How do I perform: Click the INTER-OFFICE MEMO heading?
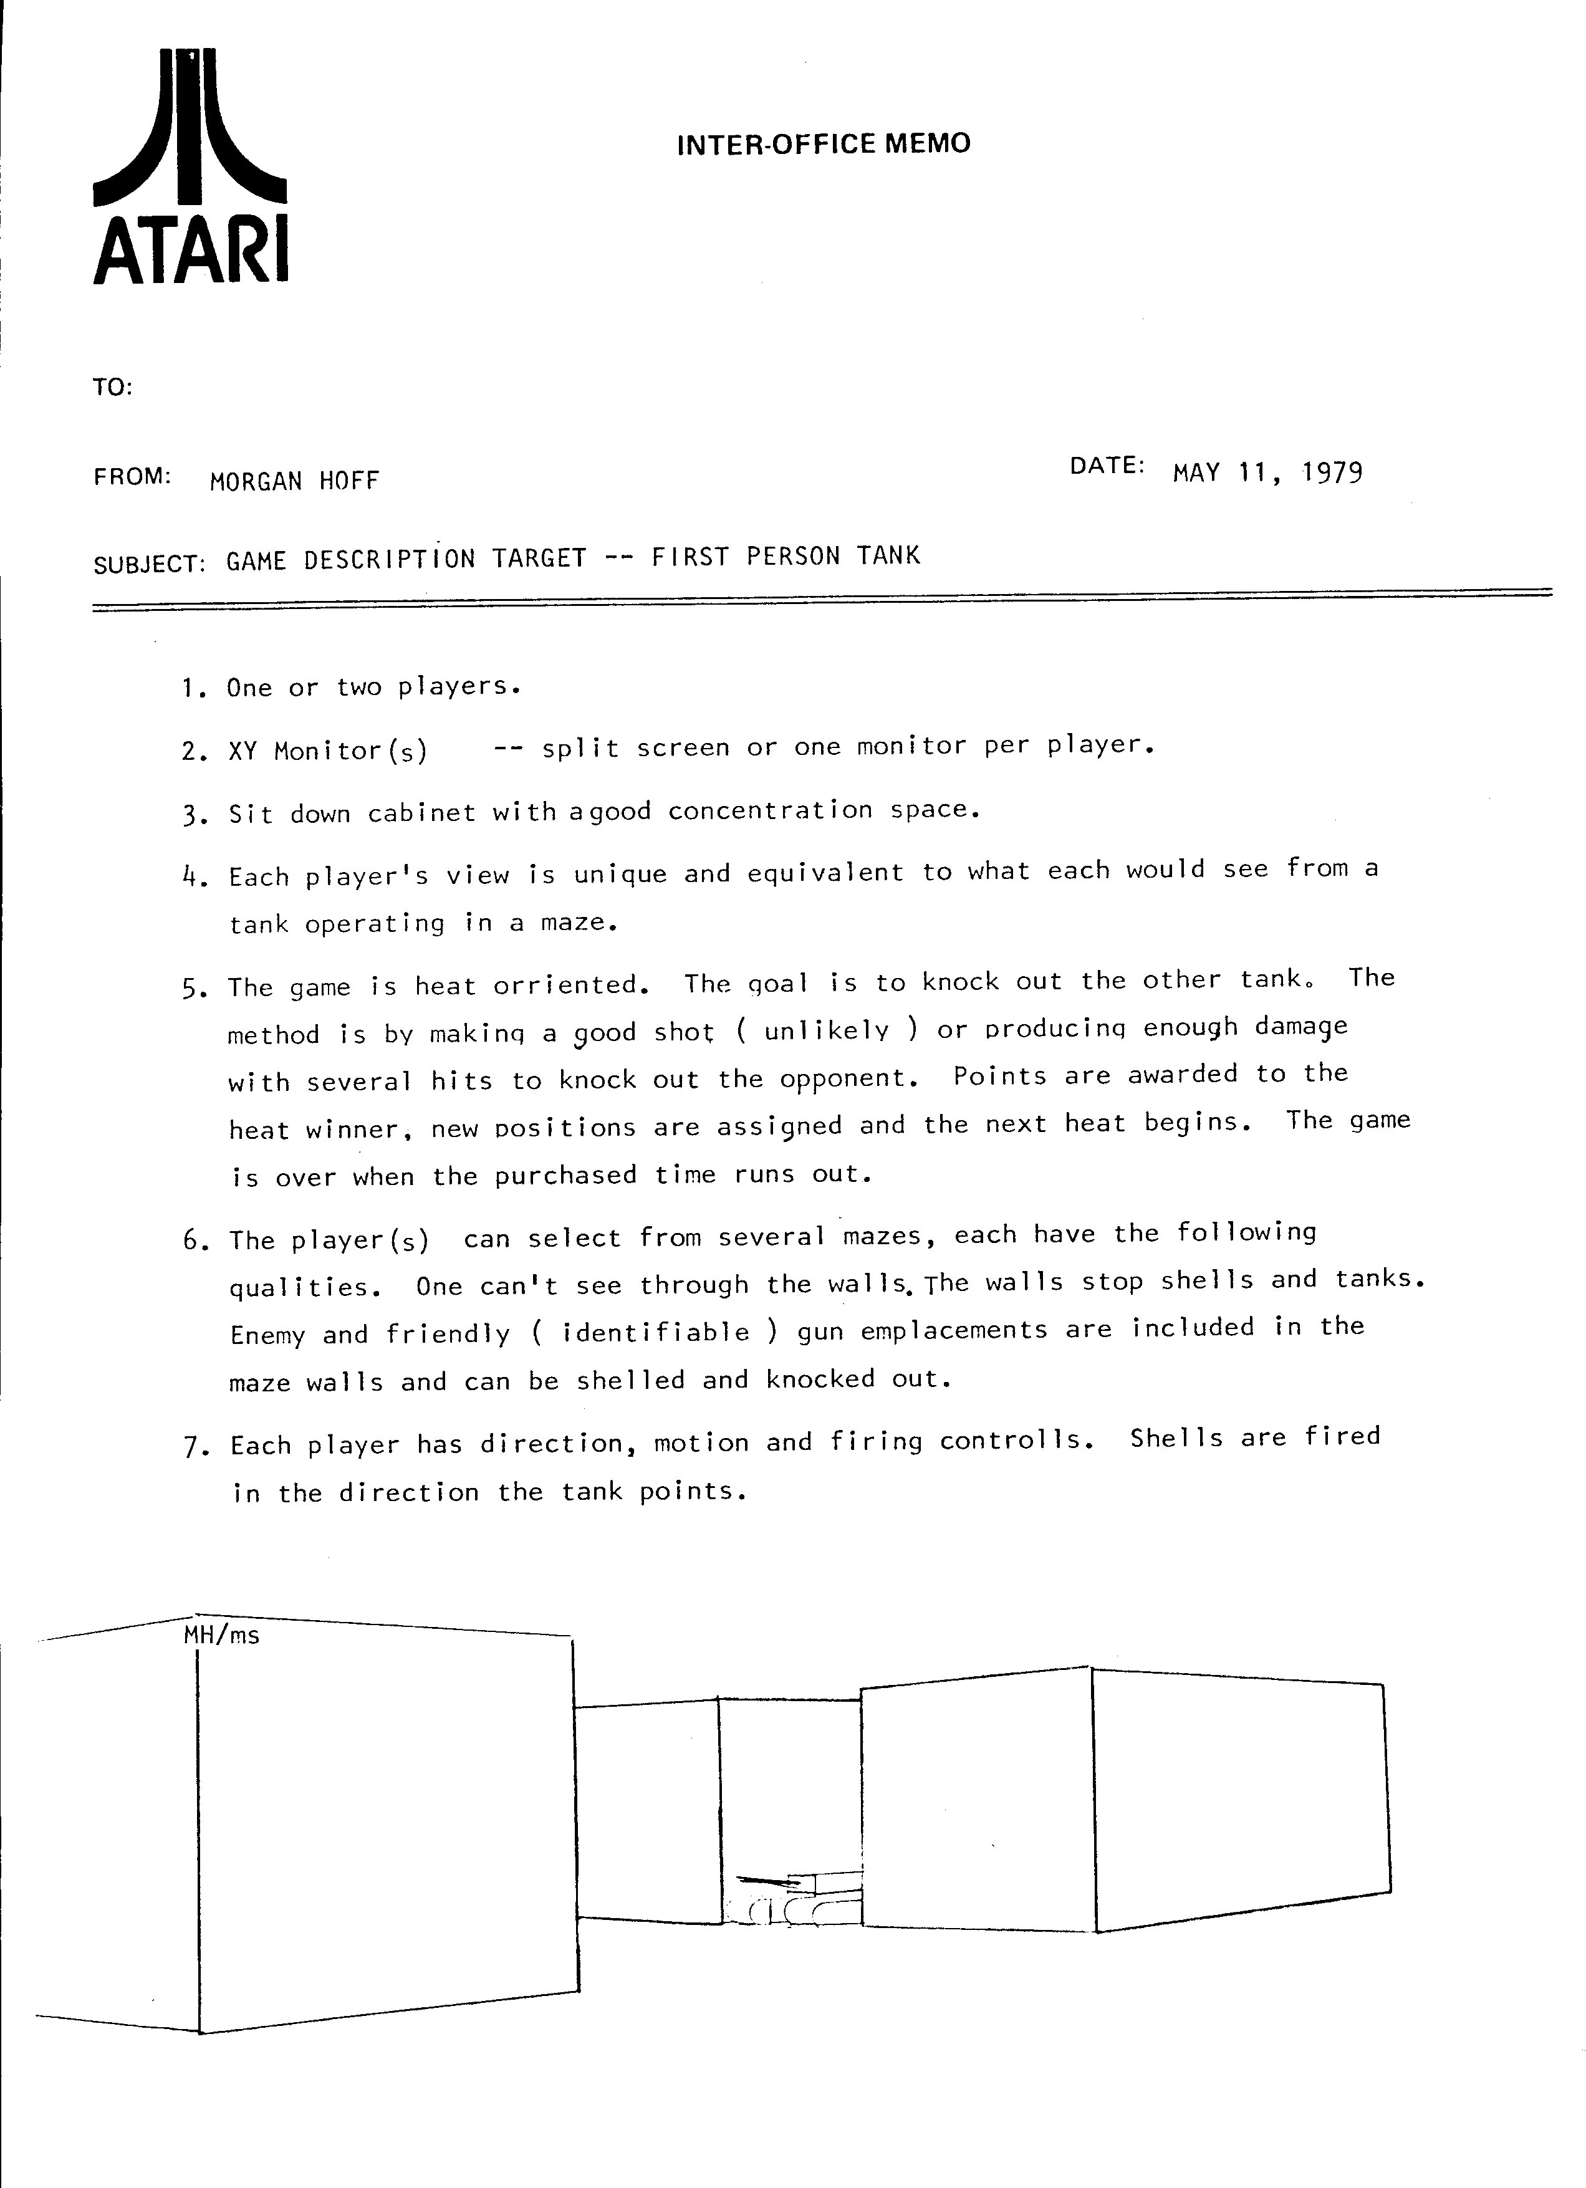[823, 145]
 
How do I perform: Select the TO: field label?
[113, 388]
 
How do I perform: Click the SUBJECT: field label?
[150, 564]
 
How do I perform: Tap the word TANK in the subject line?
[888, 555]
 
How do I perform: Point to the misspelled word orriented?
[565, 985]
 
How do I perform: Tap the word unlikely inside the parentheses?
[826, 1030]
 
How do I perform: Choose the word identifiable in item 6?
[655, 1332]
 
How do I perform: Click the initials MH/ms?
[221, 1635]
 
